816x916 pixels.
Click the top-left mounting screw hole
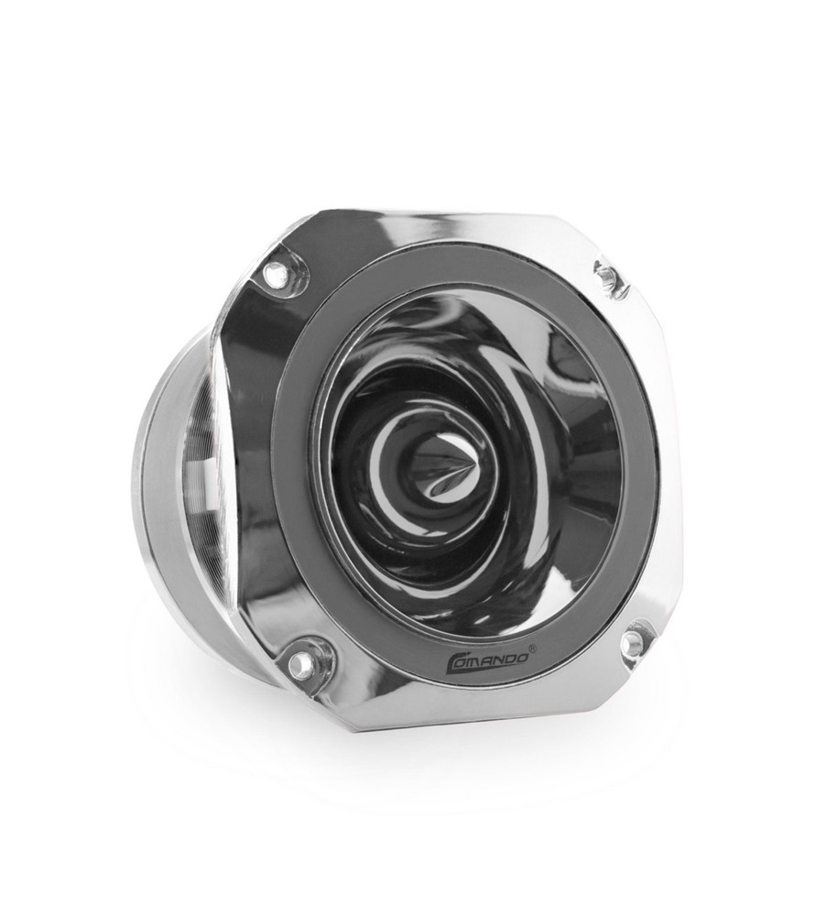click(274, 272)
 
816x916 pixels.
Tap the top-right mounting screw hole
click(606, 273)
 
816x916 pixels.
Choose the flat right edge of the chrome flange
click(675, 458)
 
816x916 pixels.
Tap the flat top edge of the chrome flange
click(430, 220)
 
